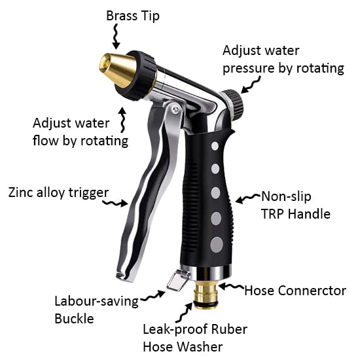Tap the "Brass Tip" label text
(133, 16)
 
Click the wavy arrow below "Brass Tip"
(116, 37)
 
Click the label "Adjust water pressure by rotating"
(283, 60)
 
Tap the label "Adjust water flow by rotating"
(81, 132)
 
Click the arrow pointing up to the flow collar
(123, 119)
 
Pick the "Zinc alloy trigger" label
(58, 192)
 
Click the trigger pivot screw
(175, 109)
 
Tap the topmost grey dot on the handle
(215, 146)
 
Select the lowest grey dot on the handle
(217, 245)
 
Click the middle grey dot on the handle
(215, 192)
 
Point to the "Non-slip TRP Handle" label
(296, 206)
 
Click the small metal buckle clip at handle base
(177, 280)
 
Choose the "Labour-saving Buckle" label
(96, 310)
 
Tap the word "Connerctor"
(314, 291)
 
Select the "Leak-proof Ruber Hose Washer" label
(195, 338)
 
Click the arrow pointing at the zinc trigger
(115, 203)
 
